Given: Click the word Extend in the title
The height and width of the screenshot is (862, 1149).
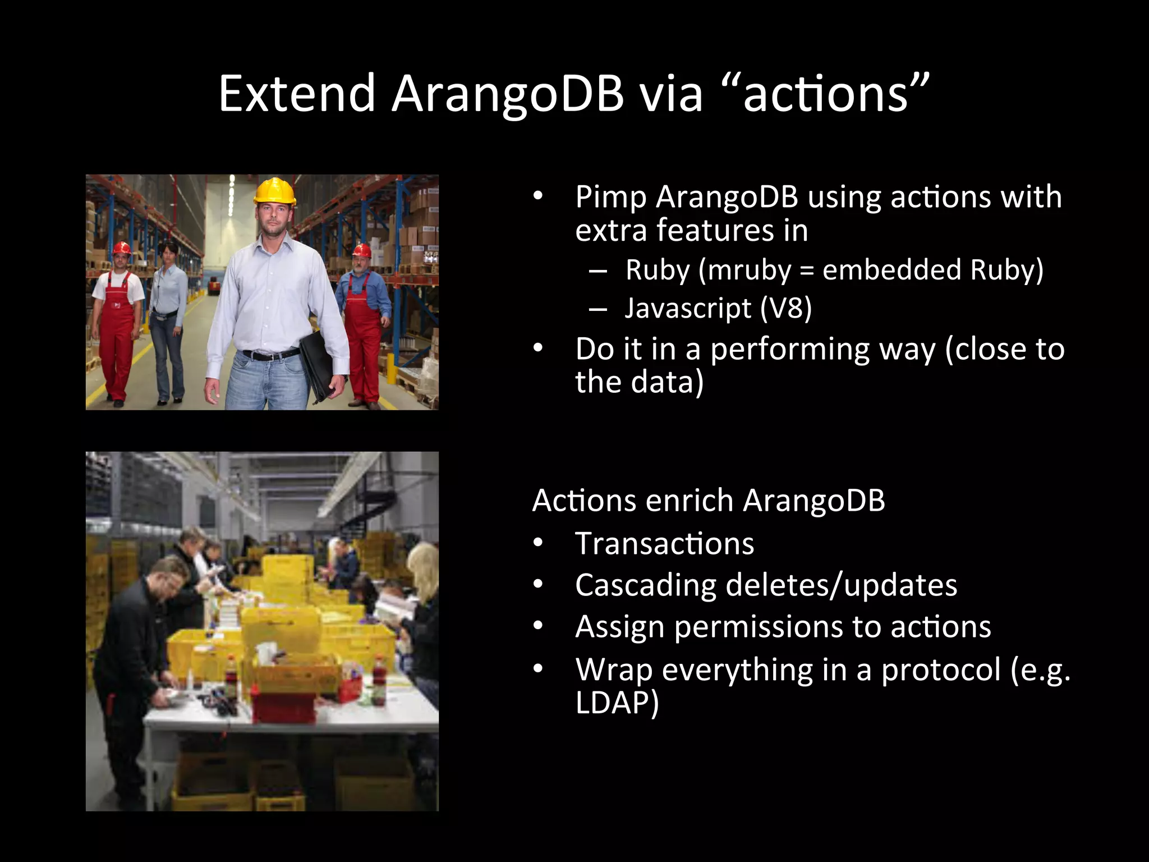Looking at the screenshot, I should coord(296,93).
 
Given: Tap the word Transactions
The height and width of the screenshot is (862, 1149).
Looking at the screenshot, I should coord(664,544).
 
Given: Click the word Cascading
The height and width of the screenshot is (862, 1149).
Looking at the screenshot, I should coord(645,586).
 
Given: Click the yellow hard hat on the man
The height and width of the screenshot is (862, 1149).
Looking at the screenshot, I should coord(274,191).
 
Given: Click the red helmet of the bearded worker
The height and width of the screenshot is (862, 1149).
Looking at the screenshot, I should coord(362,250).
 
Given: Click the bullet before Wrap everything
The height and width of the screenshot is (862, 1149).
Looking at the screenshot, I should coord(538,669).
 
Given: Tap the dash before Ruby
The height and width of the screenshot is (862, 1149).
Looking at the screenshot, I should coord(598,271).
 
